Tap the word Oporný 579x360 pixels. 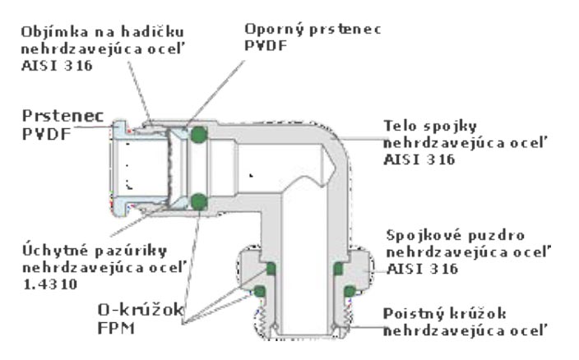[268, 29]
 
